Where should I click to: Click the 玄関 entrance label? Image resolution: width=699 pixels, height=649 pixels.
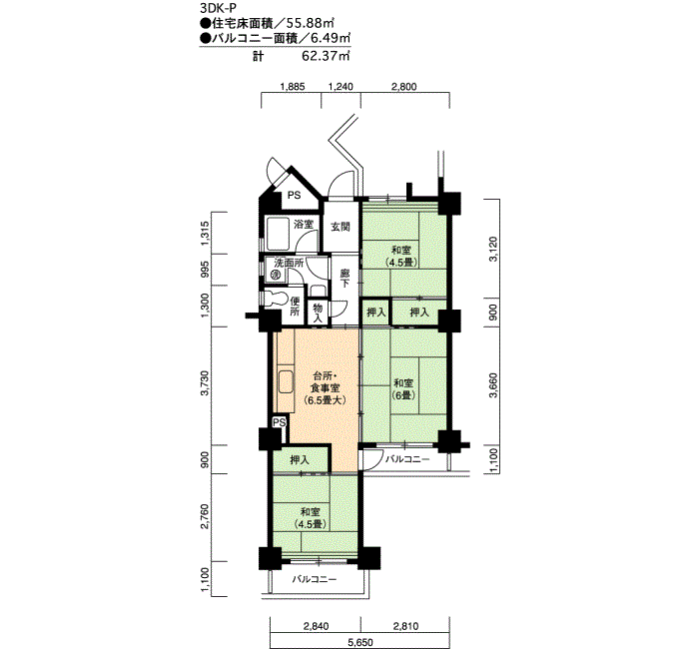tap(341, 227)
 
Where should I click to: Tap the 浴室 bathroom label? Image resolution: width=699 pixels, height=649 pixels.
tap(304, 225)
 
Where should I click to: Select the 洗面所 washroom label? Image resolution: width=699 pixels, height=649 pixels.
tap(289, 263)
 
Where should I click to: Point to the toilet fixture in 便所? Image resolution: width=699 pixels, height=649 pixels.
tap(275, 299)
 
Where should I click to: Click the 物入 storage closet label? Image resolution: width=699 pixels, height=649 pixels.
tap(318, 313)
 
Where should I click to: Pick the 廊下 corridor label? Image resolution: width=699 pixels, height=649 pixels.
tap(346, 279)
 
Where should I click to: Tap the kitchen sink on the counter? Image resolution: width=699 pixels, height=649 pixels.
tap(286, 382)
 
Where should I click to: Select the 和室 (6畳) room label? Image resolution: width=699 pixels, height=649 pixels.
tap(403, 388)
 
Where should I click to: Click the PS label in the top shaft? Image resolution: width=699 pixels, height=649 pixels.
tap(294, 196)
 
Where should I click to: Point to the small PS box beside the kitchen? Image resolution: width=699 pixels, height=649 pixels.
tap(279, 422)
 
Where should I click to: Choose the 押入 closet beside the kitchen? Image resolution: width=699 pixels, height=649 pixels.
tap(300, 459)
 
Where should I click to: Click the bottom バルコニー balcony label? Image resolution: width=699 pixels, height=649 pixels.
tap(315, 579)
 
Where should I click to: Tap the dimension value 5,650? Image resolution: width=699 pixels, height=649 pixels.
tap(360, 643)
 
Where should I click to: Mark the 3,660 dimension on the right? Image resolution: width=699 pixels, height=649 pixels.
tap(493, 386)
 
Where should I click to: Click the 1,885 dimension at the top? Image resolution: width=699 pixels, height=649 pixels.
tap(293, 87)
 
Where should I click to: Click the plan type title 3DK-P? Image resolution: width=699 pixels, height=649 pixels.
tap(219, 7)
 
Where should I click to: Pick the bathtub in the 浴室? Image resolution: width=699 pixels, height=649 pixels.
tap(279, 234)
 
